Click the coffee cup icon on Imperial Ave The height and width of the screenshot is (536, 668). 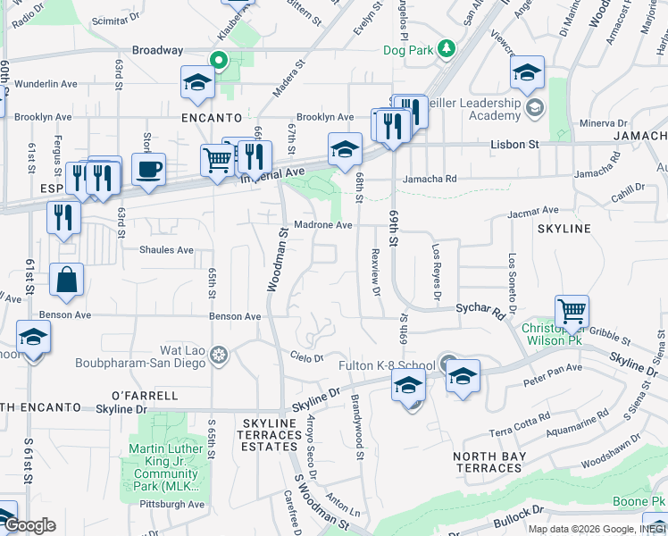coord(148,168)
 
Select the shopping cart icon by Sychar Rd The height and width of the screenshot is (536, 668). coord(572,312)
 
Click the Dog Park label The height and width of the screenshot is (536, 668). coord(407,50)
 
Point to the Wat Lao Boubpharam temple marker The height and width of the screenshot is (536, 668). coord(218,356)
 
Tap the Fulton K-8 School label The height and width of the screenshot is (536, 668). coord(387,365)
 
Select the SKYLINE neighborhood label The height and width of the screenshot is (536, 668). coord(564,229)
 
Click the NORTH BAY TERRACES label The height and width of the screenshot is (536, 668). coord(489,463)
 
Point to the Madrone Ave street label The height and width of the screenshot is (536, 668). coord(322,225)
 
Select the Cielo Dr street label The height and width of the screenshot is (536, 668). coord(306,358)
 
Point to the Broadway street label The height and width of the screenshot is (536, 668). coord(158,51)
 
